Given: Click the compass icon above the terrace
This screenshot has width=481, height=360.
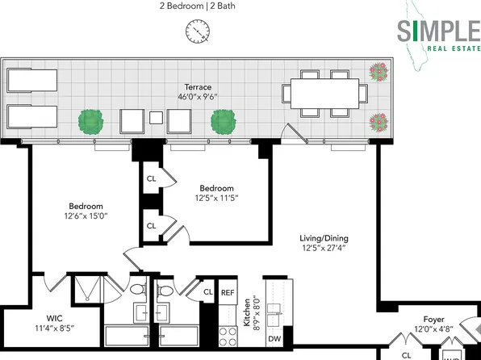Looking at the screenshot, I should pos(195,32).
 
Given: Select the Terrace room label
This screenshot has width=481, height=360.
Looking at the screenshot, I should pos(197,86).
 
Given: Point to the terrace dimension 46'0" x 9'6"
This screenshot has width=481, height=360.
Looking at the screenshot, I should pos(197,96).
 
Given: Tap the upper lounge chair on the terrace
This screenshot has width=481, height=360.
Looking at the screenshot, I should pos(29,80).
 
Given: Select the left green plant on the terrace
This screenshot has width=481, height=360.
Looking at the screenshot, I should pos(92,122).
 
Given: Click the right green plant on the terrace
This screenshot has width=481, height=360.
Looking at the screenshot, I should pos(224,122).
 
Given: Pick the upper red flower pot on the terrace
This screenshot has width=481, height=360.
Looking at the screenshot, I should pos(377,73).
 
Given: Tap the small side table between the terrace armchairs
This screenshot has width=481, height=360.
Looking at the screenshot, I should pos(155,119).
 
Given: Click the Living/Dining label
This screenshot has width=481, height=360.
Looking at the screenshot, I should pos(320,238).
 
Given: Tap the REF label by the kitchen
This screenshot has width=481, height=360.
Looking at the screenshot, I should pos(228,293).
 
